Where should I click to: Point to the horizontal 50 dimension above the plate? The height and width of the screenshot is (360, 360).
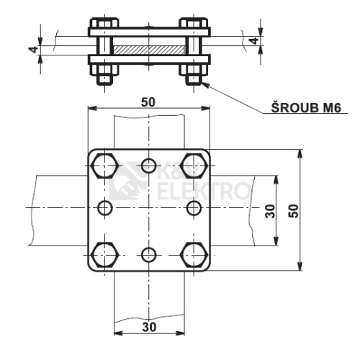148,102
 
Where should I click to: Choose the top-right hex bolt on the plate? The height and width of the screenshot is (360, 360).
194,165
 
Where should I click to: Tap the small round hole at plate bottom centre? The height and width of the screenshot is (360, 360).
148,254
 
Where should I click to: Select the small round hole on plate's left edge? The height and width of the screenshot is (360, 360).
105,209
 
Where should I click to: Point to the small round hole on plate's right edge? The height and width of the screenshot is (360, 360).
193,209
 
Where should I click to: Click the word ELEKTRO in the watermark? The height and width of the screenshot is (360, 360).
202,192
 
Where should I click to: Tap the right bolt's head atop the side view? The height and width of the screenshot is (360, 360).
194,23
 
